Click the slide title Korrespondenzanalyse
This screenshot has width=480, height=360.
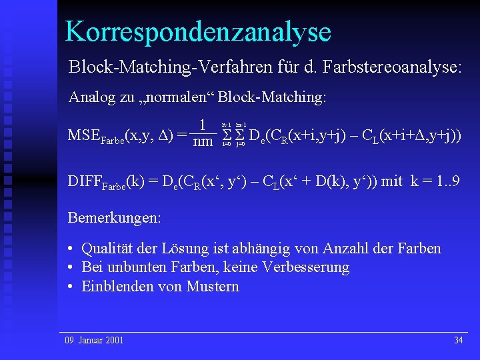198,31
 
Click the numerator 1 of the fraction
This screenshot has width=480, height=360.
203,125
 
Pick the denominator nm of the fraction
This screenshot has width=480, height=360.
203,142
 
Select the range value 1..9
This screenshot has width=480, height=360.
443,182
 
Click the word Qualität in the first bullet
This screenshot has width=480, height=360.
107,249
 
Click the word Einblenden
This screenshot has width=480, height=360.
114,287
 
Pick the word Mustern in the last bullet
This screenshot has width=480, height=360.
213,287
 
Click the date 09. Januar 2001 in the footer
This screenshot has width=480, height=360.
94,340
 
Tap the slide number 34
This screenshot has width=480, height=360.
458,340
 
